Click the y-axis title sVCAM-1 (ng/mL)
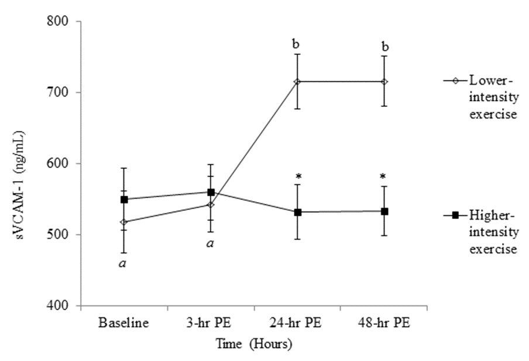pyautogui.click(x=26, y=164)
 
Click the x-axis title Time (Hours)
pyautogui.click(x=253, y=345)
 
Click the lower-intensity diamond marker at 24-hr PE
pyautogui.click(x=297, y=82)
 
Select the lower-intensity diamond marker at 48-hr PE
pyautogui.click(x=384, y=82)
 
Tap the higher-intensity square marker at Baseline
pyautogui.click(x=123, y=199)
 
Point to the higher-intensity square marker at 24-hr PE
pyautogui.click(x=297, y=212)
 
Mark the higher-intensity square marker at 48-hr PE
pyautogui.click(x=384, y=211)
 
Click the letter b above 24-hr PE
pyautogui.click(x=297, y=44)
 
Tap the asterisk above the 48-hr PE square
pyautogui.click(x=384, y=176)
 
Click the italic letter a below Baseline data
pyautogui.click(x=123, y=263)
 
